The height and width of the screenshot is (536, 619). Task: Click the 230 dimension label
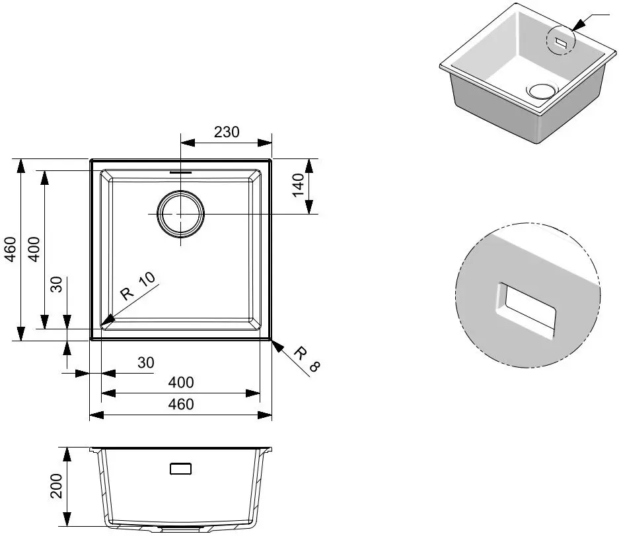pyautogui.click(x=227, y=132)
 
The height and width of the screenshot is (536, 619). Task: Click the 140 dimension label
pyautogui.click(x=299, y=185)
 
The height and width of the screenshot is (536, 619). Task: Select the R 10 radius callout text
pyautogui.click(x=138, y=286)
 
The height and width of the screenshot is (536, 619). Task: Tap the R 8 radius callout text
pyautogui.click(x=307, y=359)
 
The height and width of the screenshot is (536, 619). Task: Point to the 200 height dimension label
pyautogui.click(x=57, y=486)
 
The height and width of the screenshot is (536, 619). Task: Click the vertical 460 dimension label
pyautogui.click(x=11, y=250)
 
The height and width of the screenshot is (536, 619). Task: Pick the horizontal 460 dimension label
pyautogui.click(x=181, y=404)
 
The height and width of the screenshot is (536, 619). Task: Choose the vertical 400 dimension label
pyautogui.click(x=34, y=250)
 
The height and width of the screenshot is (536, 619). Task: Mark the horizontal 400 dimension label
pyautogui.click(x=181, y=382)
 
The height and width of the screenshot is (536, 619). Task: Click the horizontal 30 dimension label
pyautogui.click(x=146, y=362)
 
